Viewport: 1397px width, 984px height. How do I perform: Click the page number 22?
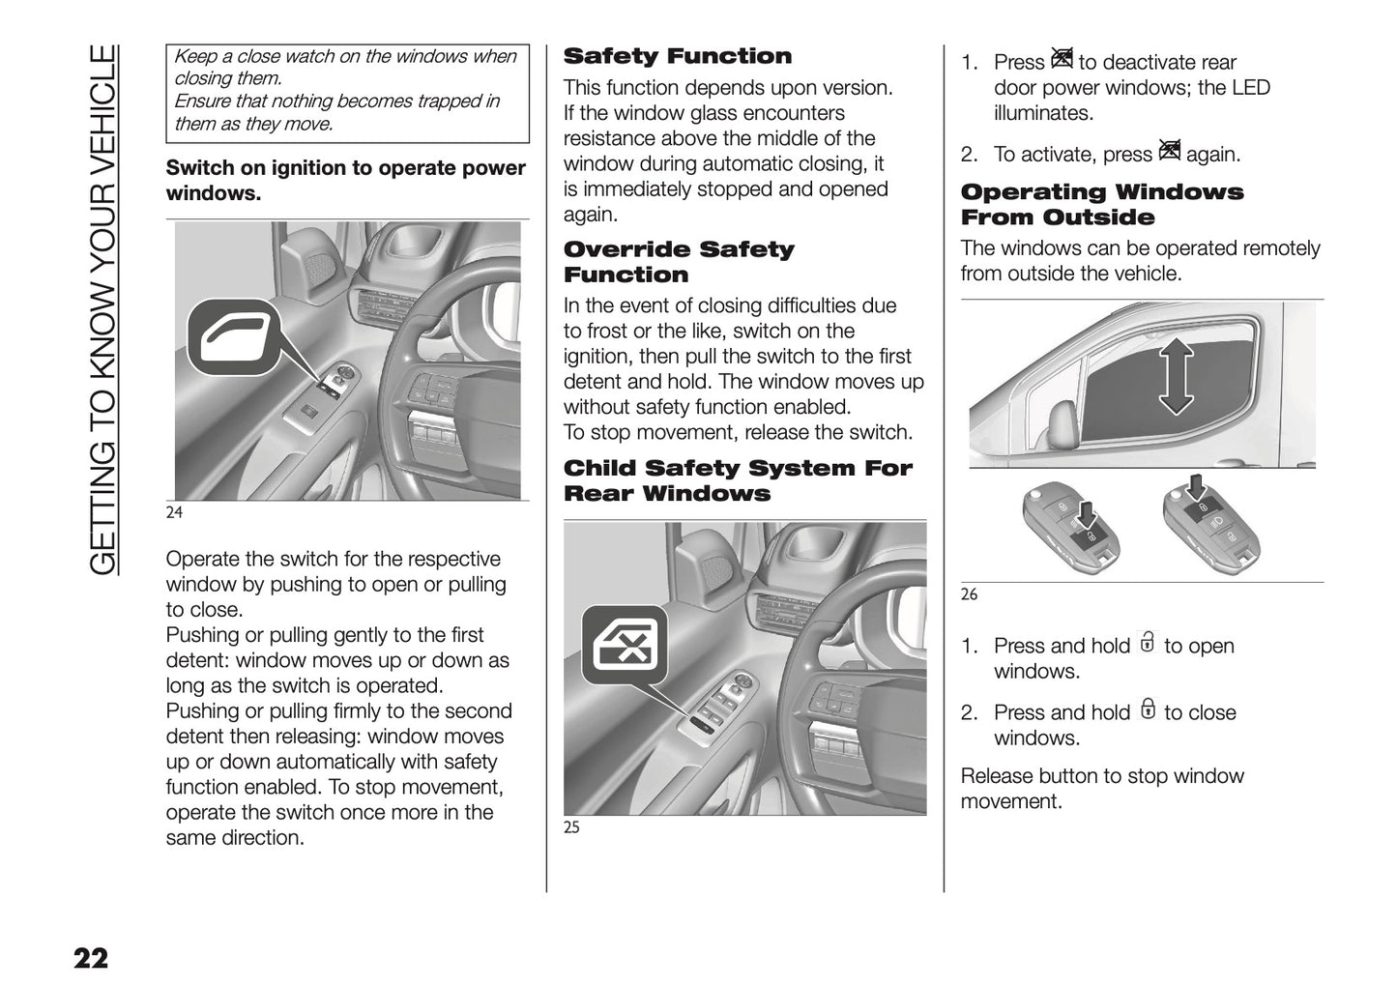click(x=90, y=958)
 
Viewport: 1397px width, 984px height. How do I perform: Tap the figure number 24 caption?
click(x=174, y=512)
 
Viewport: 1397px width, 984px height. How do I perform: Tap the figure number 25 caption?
click(x=571, y=827)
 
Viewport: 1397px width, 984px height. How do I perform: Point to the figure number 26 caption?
click(x=969, y=594)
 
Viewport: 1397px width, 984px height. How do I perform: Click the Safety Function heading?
click(x=677, y=56)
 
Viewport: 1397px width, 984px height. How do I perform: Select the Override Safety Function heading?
click(x=678, y=262)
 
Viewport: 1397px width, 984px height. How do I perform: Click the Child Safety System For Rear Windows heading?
click(x=737, y=480)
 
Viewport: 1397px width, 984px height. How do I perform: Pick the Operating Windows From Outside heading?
click(x=1101, y=205)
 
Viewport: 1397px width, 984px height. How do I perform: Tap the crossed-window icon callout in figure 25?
click(x=625, y=640)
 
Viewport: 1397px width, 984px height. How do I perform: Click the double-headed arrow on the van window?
click(x=1176, y=377)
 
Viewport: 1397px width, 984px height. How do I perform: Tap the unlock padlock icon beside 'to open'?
click(x=1147, y=644)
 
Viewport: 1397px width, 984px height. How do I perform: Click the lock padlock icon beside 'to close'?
click(x=1147, y=710)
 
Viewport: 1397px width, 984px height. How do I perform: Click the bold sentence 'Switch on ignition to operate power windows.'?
click(x=346, y=180)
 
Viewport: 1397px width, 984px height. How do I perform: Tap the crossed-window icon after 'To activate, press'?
click(x=1169, y=152)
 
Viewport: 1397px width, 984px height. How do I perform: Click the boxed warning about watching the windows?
click(x=348, y=93)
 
